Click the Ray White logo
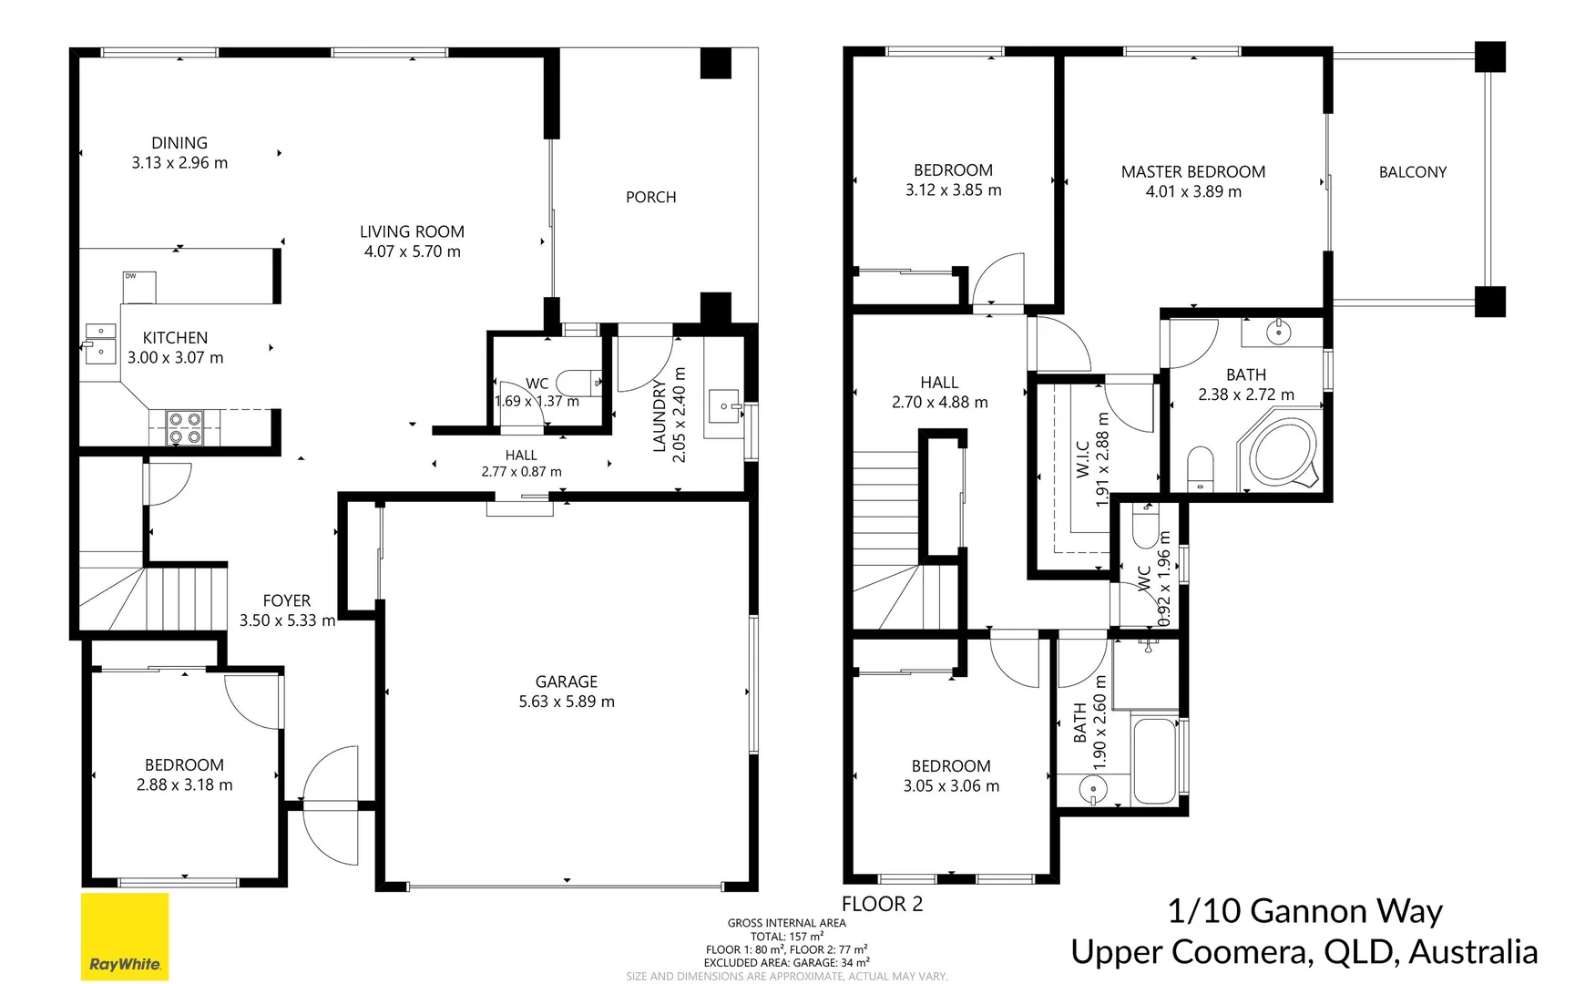click(x=125, y=937)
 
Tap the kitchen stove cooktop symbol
click(x=185, y=428)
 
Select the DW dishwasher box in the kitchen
click(x=139, y=287)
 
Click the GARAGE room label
click(x=566, y=682)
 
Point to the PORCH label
click(x=650, y=197)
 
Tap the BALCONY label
click(x=1412, y=172)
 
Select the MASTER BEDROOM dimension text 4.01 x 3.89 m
click(x=1193, y=192)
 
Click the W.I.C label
click(x=1083, y=458)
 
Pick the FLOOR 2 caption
click(x=882, y=904)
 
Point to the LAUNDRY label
click(x=660, y=415)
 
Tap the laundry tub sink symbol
click(x=724, y=405)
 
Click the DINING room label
click(x=179, y=143)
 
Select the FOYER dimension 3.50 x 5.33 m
click(x=287, y=620)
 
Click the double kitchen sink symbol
click(x=100, y=341)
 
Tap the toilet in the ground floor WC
click(x=578, y=383)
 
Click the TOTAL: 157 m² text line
click(x=787, y=936)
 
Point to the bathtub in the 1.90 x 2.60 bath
click(x=1154, y=758)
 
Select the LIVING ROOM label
click(x=412, y=231)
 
